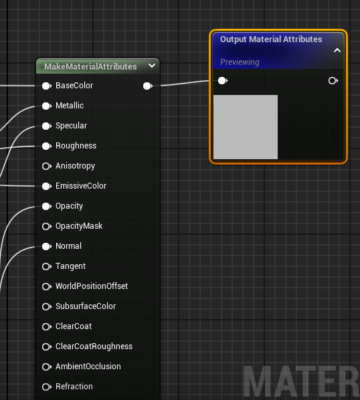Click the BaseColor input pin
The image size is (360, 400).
(47, 86)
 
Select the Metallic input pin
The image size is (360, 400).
(47, 106)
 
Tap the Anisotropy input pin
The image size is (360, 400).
(47, 167)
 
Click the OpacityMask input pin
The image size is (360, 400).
(47, 226)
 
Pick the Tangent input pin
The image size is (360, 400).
(47, 267)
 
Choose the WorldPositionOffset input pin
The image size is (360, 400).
(47, 286)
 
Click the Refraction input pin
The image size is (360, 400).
(47, 387)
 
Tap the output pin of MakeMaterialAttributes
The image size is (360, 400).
(148, 86)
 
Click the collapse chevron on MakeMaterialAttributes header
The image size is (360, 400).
(152, 66)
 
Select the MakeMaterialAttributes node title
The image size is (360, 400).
(90, 67)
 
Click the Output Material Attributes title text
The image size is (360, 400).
(271, 39)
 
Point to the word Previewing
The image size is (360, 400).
(240, 62)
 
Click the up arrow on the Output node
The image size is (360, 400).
(337, 50)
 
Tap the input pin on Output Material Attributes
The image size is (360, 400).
(223, 81)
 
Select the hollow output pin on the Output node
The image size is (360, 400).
(333, 81)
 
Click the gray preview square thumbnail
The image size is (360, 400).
(246, 127)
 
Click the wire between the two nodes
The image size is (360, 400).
(185, 83)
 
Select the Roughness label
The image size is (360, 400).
(76, 146)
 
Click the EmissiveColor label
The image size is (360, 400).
(81, 186)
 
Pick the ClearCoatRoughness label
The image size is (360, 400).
(94, 346)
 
